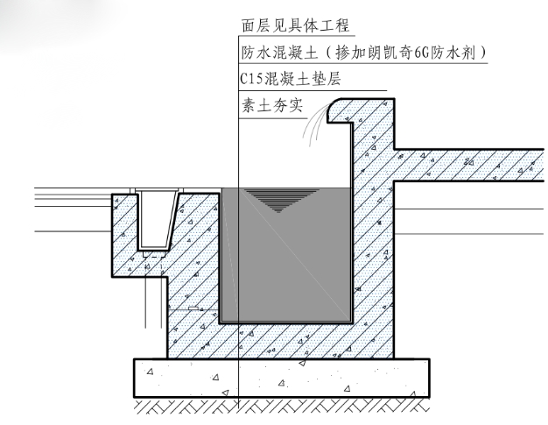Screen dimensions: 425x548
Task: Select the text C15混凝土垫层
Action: [290, 80]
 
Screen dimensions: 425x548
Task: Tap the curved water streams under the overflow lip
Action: [312, 127]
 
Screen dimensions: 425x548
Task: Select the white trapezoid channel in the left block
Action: [155, 218]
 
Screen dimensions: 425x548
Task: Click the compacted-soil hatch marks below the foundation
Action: [280, 407]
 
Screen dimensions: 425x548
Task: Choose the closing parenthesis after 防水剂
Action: [484, 53]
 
